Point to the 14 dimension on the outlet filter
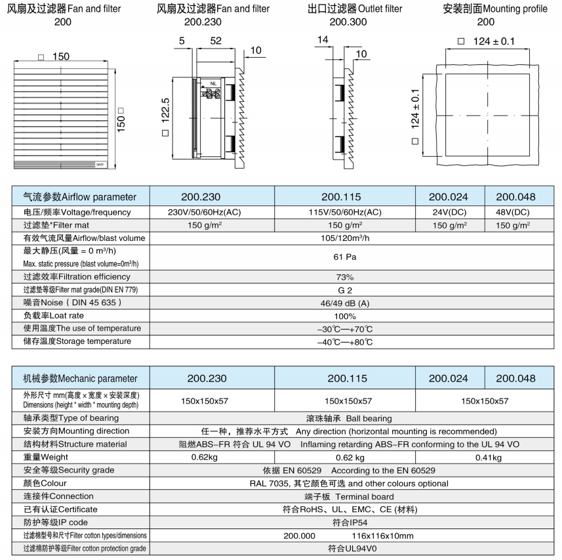tap(323, 40)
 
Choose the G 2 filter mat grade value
tap(344, 290)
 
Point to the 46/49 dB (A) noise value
tap(344, 303)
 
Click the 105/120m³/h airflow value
tap(344, 238)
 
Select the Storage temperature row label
tap(77, 341)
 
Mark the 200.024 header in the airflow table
tap(450, 196)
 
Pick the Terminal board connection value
tap(364, 496)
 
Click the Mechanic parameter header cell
tap(81, 378)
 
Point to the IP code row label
tap(56, 523)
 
